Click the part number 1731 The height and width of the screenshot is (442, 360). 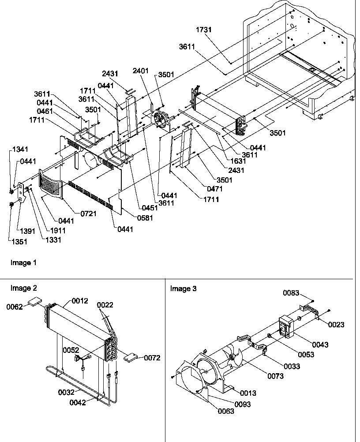point(204,30)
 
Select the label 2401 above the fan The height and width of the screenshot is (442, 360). point(140,71)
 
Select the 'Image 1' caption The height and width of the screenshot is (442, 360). point(24,263)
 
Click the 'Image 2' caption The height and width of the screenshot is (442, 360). point(24,288)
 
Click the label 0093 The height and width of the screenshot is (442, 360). point(243,405)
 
